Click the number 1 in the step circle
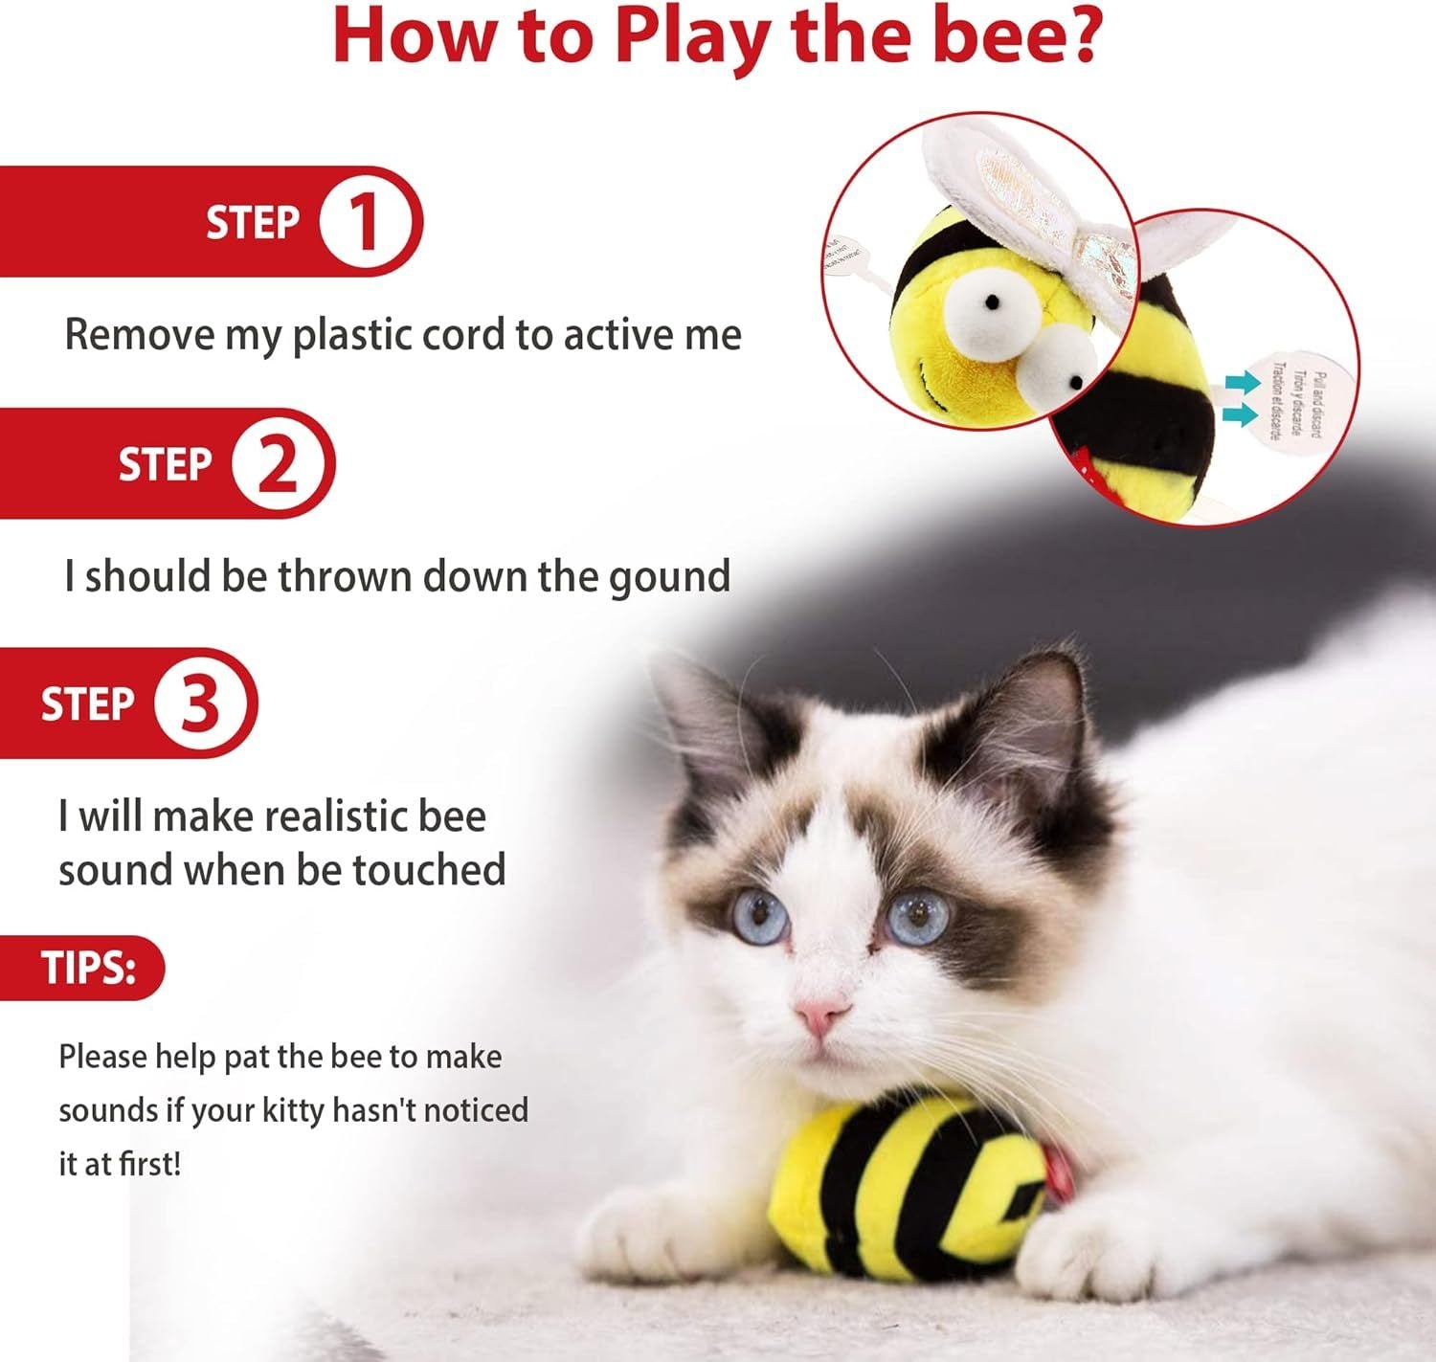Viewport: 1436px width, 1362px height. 365,222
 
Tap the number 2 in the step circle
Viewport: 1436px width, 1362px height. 278,463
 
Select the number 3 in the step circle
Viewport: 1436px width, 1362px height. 200,703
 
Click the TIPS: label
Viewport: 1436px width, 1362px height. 88,968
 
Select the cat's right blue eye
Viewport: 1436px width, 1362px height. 917,916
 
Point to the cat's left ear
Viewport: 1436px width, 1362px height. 704,708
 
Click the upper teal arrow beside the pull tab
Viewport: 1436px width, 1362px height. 1242,383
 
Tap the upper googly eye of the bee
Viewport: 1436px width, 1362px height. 986,304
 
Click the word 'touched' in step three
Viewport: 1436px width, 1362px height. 429,870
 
